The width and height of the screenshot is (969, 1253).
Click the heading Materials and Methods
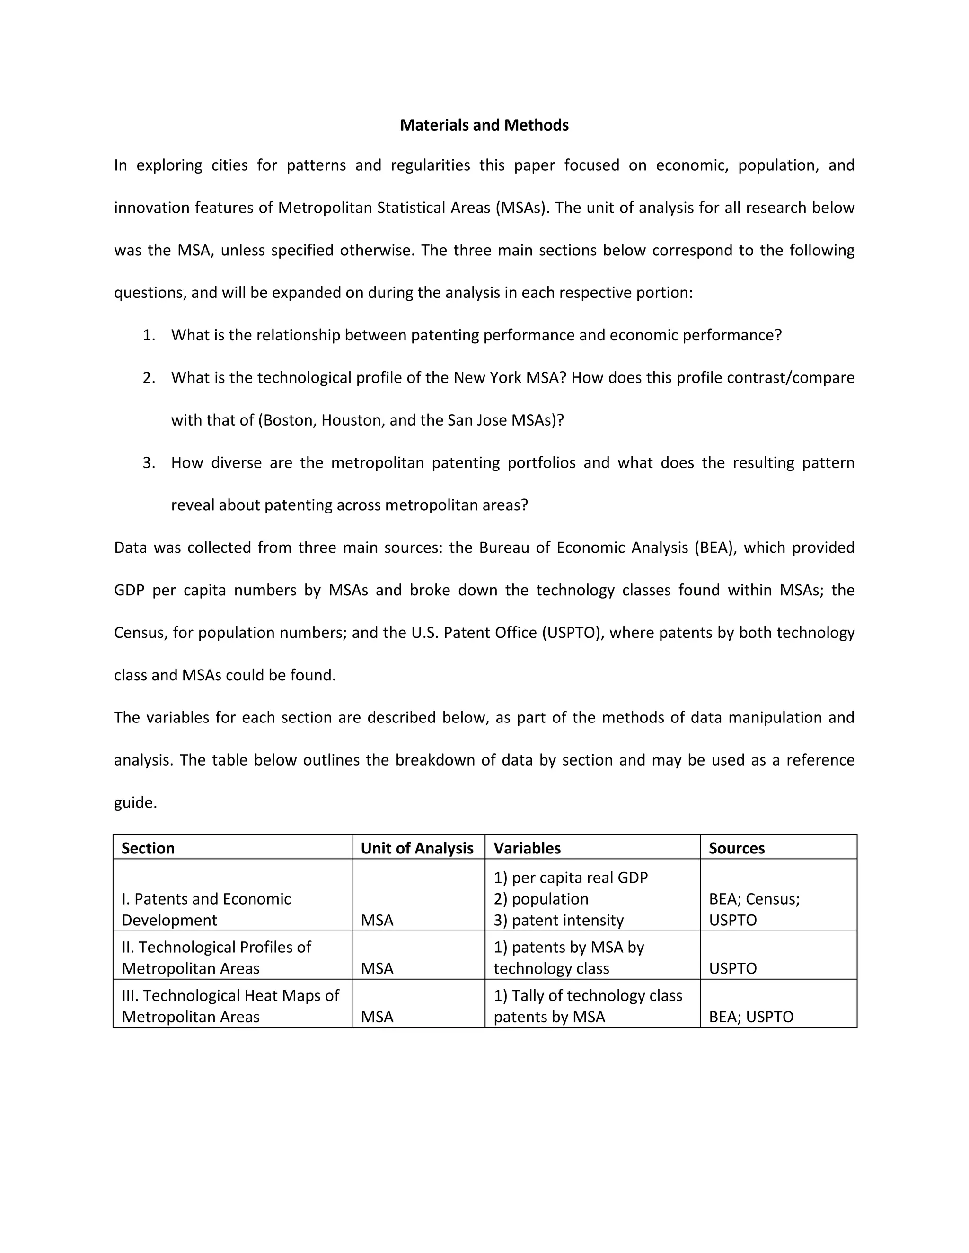coord(484,125)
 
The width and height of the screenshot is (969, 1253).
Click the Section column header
coord(148,848)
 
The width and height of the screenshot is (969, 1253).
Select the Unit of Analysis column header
coord(417,848)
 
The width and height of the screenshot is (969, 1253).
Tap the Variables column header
coord(527,848)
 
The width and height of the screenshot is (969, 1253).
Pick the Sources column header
coord(737,848)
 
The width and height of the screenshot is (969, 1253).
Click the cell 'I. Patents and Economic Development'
coord(206,909)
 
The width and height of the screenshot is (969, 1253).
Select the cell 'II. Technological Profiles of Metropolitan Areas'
coord(216,957)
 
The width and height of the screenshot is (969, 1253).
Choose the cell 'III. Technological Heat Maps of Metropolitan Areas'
coord(230,1006)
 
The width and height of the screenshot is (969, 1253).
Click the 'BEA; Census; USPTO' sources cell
coord(754,909)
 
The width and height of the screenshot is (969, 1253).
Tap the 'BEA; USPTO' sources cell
coord(751,1017)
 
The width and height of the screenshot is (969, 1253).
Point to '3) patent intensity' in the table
coord(559,920)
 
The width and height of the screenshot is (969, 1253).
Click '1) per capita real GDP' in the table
coord(571,878)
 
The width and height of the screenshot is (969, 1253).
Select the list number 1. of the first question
coord(149,335)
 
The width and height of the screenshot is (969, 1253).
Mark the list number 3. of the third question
coord(149,462)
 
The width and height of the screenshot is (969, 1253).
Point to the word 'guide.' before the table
coord(135,802)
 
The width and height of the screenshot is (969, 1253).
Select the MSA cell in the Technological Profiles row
coord(377,968)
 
